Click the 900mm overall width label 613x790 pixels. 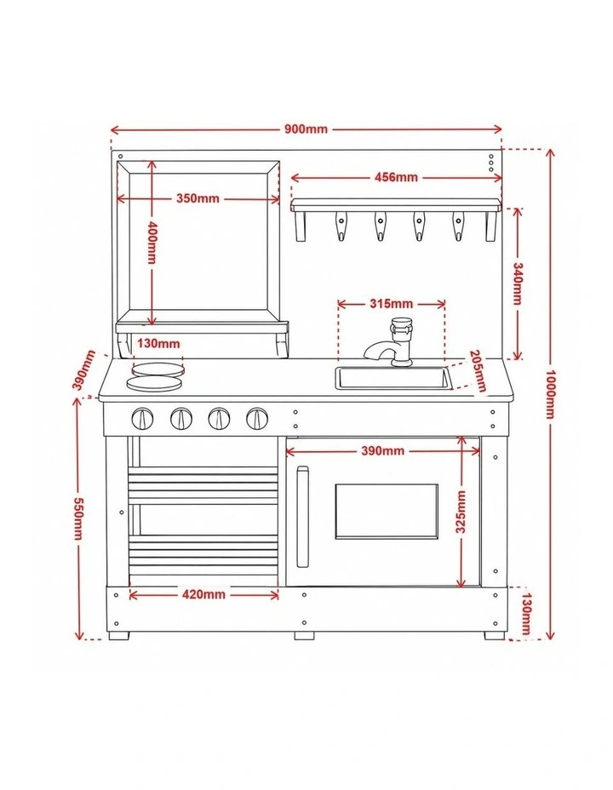coord(306,129)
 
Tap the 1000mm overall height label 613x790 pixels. coord(551,394)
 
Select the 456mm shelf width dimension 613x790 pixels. coord(396,177)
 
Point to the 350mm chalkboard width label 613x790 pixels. coord(198,198)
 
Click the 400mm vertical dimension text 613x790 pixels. coord(152,243)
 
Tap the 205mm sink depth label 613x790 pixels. coord(478,371)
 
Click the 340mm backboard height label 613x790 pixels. coord(518,283)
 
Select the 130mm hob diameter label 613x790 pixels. coord(158,344)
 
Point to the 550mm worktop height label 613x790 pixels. coord(78,518)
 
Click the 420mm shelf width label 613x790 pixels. coord(203,594)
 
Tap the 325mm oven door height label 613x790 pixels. coord(461,512)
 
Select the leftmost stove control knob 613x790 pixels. coord(142,418)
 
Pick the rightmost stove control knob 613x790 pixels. coord(257,418)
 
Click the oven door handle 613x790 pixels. coord(302,517)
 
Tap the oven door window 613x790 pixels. coord(387,512)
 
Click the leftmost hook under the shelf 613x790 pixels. coord(341,226)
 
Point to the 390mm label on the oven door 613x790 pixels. coord(383,450)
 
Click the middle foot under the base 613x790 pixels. coord(304,636)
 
